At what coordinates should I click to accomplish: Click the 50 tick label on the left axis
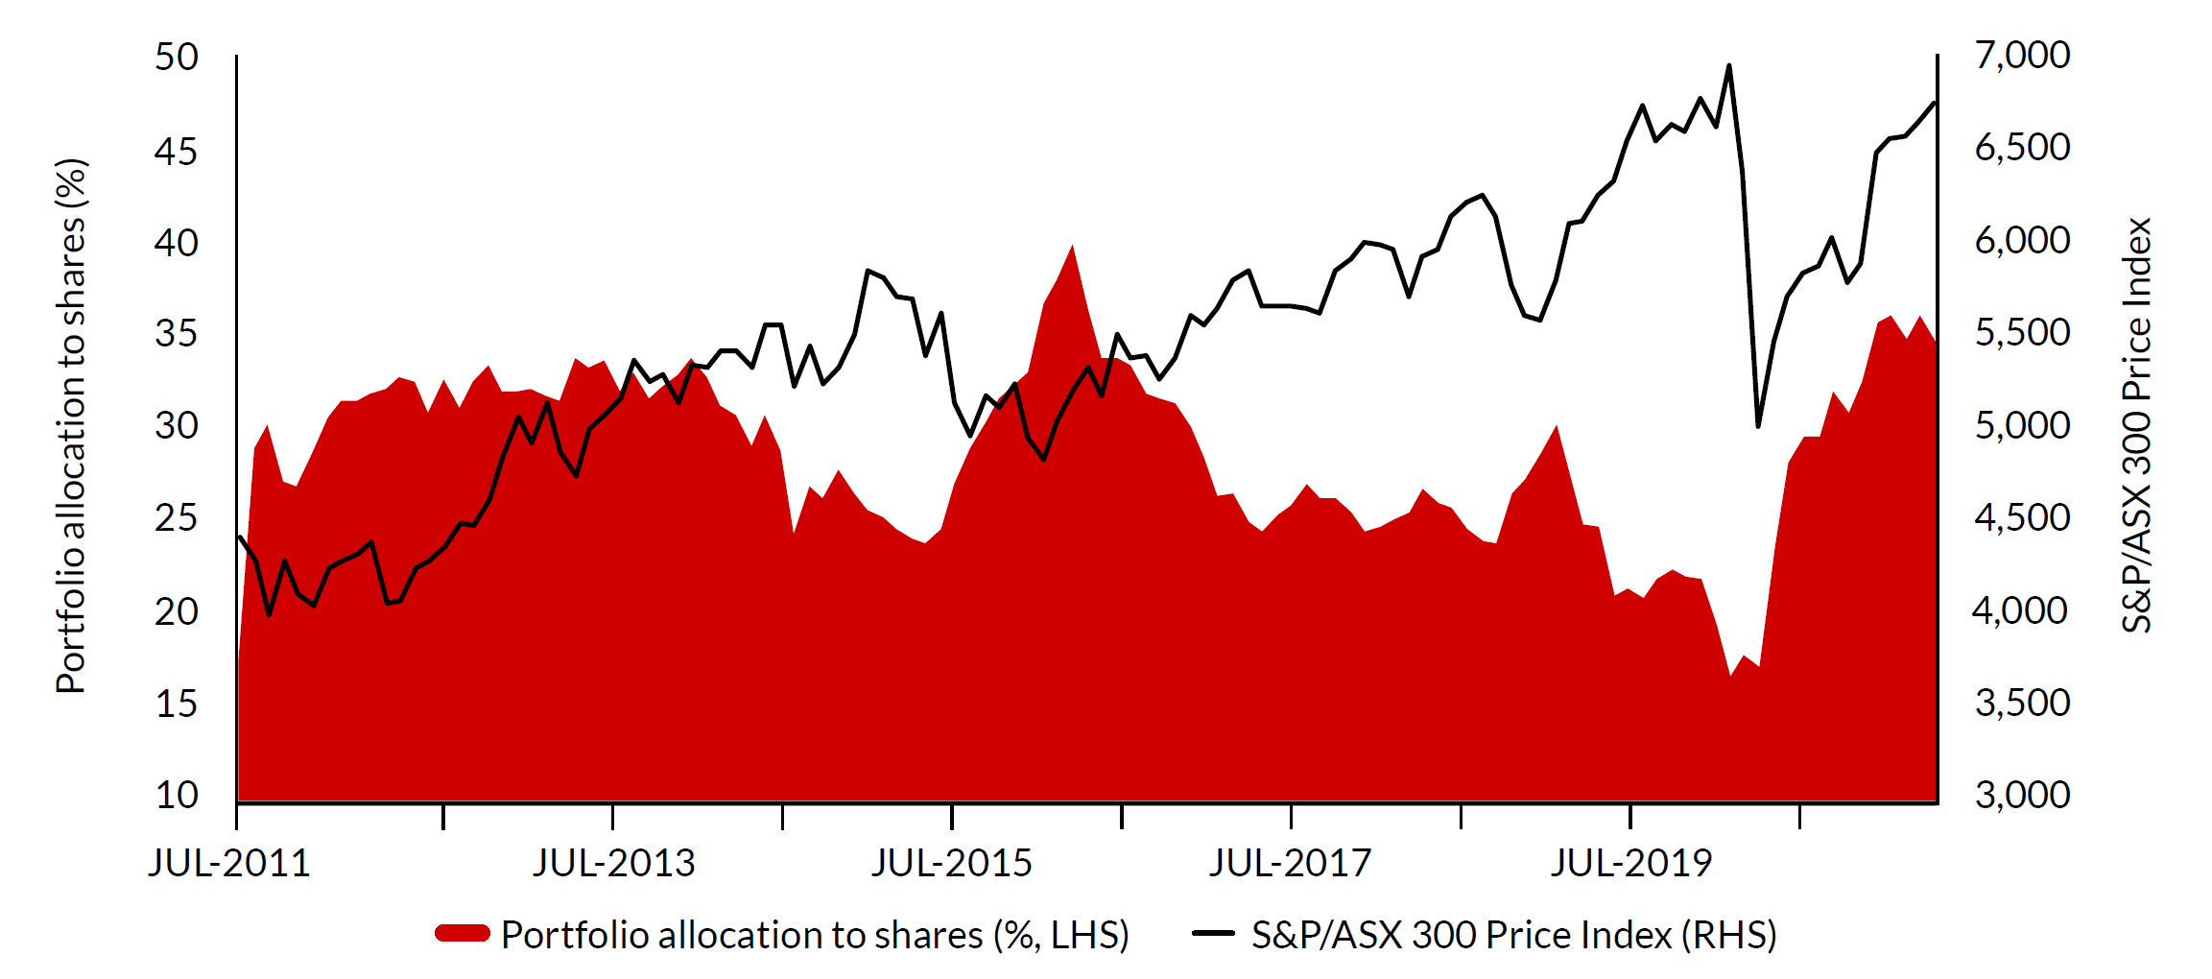177,58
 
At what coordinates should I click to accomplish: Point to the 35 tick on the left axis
177,334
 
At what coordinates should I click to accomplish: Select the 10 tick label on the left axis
177,795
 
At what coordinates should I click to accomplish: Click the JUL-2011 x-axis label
229,864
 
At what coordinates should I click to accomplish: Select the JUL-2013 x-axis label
614,864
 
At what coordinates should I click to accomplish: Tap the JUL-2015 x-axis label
952,864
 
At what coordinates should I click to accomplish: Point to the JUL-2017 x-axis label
1291,864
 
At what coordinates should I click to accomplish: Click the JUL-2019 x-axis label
1631,864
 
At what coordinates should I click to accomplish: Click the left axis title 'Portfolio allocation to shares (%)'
72,426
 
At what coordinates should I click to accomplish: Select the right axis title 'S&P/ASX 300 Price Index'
2137,426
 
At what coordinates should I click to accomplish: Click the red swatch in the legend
463,934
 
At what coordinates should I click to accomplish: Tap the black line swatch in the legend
1213,933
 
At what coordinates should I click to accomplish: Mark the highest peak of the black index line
1728,66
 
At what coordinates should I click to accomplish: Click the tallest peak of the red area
1072,246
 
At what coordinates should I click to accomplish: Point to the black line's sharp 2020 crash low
1758,425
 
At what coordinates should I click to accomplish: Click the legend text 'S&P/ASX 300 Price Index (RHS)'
1514,935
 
